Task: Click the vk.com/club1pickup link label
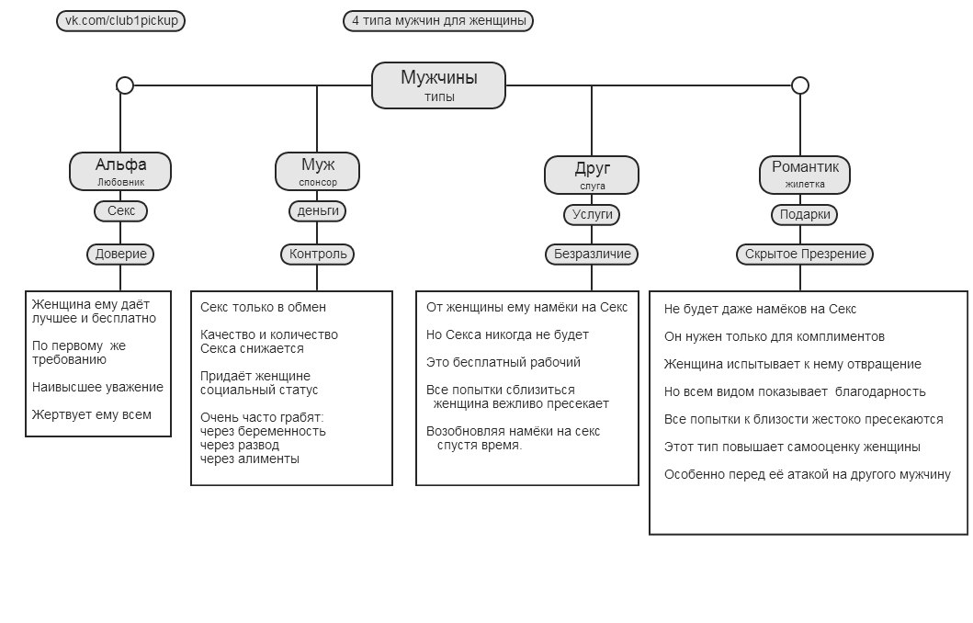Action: (121, 20)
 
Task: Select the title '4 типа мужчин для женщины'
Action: (438, 20)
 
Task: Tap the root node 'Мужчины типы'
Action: (438, 85)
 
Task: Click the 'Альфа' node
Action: (120, 171)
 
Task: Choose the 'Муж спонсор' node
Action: (317, 171)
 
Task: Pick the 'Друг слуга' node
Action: (592, 175)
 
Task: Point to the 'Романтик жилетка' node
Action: (805, 174)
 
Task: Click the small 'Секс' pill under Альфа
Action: (121, 211)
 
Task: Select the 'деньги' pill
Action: (318, 211)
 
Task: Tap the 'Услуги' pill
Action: (592, 215)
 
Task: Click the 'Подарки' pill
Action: (805, 215)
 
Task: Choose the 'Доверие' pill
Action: (120, 254)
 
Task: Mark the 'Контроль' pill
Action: (318, 254)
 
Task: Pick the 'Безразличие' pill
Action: (592, 254)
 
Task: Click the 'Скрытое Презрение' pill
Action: (805, 254)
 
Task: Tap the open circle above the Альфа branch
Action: (125, 85)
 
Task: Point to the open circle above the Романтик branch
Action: (800, 85)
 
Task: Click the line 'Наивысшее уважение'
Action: (97, 387)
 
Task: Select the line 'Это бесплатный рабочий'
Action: (503, 362)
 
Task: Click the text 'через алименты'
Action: (250, 459)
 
